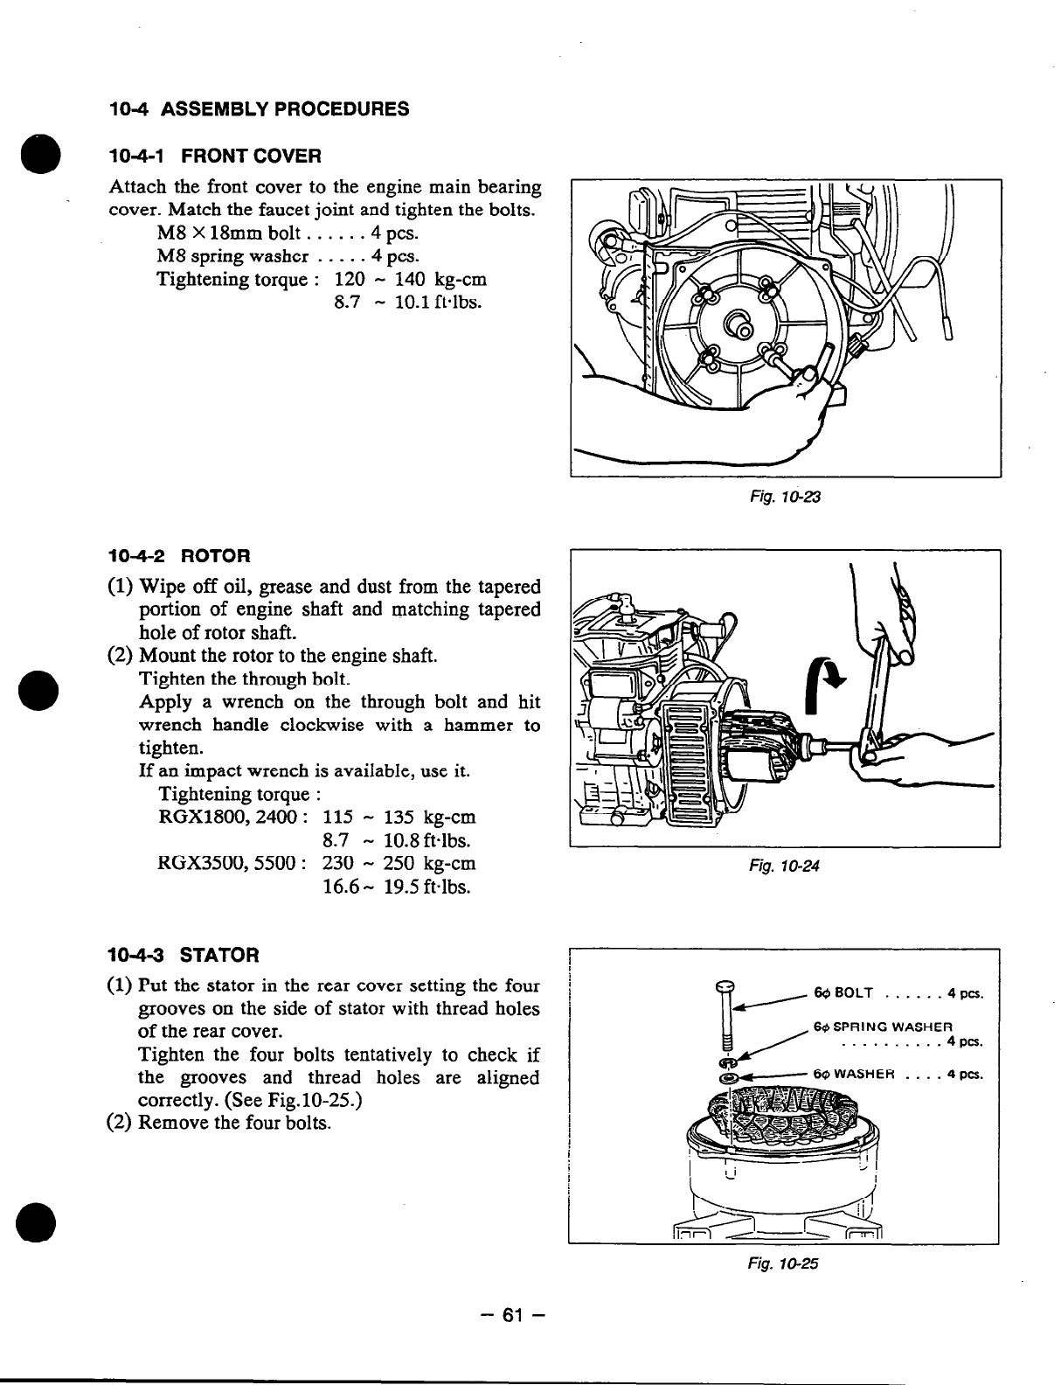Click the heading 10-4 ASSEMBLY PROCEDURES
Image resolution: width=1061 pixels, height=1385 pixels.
[259, 109]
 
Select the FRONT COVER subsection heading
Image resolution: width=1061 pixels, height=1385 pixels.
[215, 157]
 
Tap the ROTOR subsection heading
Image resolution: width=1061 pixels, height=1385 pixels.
[178, 555]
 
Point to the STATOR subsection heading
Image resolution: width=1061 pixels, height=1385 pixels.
[184, 954]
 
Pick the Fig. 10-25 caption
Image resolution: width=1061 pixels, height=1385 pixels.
[784, 1263]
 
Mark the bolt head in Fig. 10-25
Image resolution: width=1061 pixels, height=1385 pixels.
[725, 986]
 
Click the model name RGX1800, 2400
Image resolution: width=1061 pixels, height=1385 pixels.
[231, 818]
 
